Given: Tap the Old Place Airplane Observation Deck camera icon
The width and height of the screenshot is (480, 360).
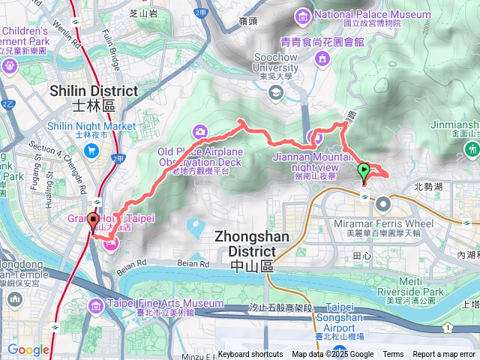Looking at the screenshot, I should point(201,131).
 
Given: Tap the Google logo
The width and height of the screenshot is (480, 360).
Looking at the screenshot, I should point(28,349).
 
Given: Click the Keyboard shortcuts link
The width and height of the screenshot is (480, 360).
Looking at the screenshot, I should point(250,355).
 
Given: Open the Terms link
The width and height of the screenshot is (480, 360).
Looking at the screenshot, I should point(393,355).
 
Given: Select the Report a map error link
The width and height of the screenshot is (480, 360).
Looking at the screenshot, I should point(444,355).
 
